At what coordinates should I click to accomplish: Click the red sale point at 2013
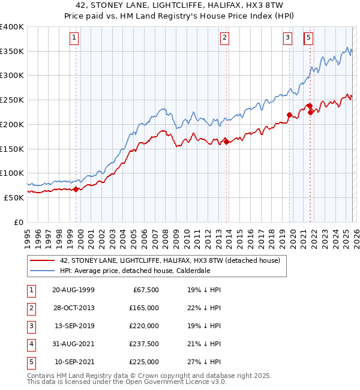[x=226, y=142]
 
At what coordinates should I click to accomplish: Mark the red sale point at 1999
[x=76, y=190]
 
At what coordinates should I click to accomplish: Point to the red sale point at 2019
[x=289, y=115]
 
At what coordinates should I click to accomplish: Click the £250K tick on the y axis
[x=12, y=100]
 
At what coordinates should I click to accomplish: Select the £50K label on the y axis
[x=14, y=197]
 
